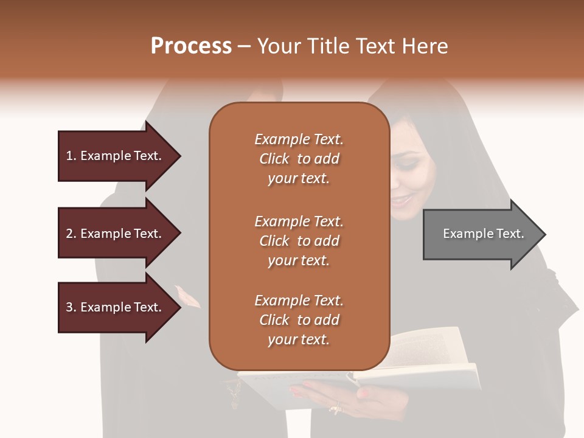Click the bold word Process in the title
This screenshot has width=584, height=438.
[x=191, y=46]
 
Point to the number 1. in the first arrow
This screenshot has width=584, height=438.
[x=71, y=156]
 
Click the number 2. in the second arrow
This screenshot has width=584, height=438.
[x=71, y=234]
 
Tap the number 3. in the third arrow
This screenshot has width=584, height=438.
[x=71, y=308]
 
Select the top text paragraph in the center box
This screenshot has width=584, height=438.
[x=299, y=159]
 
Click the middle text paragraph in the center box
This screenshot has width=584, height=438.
[x=299, y=241]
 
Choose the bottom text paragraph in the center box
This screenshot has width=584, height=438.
[x=299, y=320]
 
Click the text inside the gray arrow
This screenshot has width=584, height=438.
[x=484, y=234]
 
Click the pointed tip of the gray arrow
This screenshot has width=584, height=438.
[x=544, y=234]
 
